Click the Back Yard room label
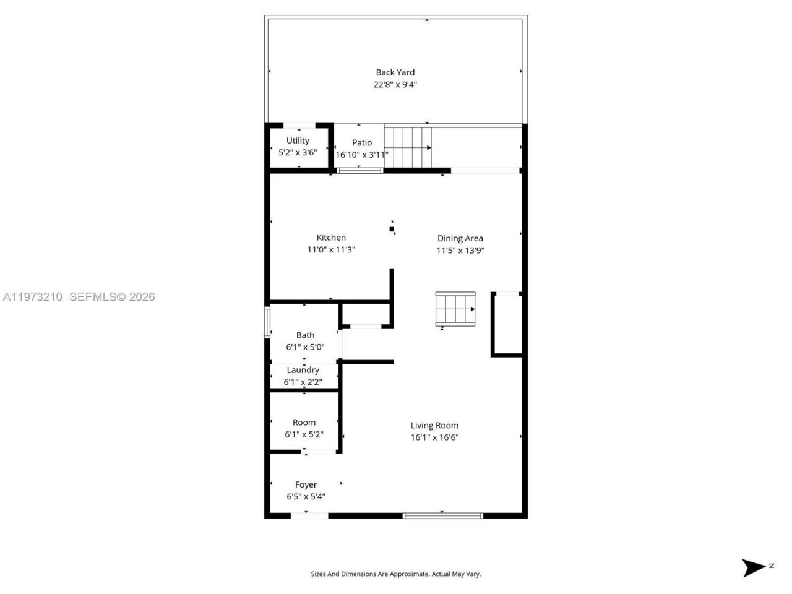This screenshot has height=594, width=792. click(x=395, y=72)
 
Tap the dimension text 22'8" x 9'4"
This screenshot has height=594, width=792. click(x=395, y=85)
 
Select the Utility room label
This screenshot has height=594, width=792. click(x=298, y=140)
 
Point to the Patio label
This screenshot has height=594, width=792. click(x=362, y=143)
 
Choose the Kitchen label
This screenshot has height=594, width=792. click(x=331, y=238)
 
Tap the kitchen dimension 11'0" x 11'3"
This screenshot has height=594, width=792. click(x=331, y=250)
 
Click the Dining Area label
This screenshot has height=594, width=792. click(x=460, y=238)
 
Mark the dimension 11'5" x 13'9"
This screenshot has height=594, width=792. click(x=460, y=251)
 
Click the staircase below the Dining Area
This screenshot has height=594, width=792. click(x=455, y=309)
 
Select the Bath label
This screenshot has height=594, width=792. click(x=305, y=335)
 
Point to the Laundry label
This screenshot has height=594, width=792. click(x=303, y=370)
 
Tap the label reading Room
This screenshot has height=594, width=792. click(x=304, y=423)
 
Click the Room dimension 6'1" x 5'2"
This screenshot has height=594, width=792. click(x=304, y=434)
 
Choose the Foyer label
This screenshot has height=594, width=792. click(x=306, y=484)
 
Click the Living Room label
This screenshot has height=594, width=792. click(x=434, y=425)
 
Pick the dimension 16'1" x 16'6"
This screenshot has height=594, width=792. click(x=434, y=437)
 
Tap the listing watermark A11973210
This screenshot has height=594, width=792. click(x=33, y=297)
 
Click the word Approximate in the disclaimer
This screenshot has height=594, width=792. click(x=406, y=574)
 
